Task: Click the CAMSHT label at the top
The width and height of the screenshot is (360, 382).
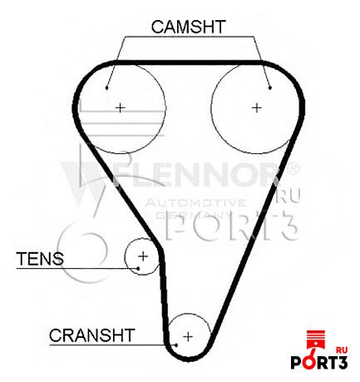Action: coord(188,27)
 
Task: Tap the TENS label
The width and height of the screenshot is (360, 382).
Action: coord(40,258)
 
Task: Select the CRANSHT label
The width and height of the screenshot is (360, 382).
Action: coord(92,335)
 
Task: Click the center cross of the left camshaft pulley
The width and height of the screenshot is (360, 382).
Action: coord(120,107)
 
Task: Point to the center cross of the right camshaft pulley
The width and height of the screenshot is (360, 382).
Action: coord(257,107)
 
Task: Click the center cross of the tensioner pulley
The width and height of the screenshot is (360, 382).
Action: coord(143,256)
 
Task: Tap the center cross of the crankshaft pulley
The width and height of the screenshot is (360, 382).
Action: coord(188,336)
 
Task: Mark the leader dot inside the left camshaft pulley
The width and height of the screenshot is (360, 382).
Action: coord(106,88)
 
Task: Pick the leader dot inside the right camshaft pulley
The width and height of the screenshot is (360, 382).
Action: coord(270,88)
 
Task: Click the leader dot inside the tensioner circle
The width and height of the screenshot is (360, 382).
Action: coord(138,268)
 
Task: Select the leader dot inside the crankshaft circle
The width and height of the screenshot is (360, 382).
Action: coord(176,345)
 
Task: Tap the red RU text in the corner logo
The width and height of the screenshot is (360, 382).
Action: coord(342,350)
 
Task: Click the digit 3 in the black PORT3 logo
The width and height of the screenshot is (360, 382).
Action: coord(343,363)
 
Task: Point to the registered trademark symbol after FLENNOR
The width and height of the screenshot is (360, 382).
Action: coord(293,168)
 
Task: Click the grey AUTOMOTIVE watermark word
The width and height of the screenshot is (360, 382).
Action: coord(195,203)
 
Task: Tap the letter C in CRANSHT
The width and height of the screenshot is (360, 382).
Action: coord(56,335)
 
